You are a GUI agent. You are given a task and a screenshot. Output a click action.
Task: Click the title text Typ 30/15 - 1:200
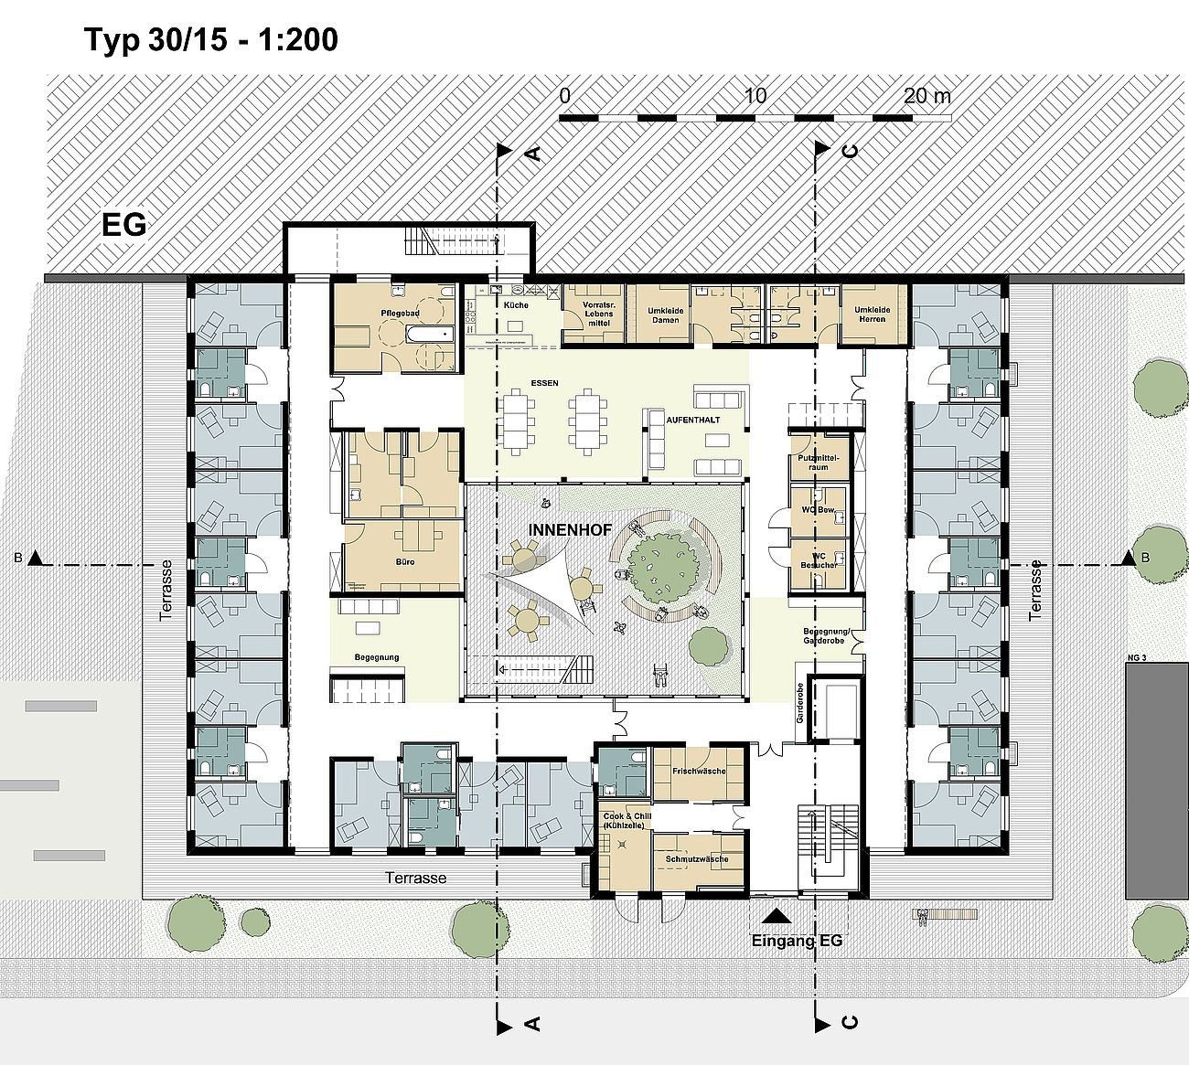[210, 40]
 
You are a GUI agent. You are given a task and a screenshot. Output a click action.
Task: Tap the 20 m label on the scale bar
[927, 96]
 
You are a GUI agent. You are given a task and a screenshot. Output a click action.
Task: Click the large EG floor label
[124, 225]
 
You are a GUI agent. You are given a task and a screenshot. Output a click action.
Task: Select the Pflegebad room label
[400, 314]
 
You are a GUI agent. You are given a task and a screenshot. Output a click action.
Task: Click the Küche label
[516, 304]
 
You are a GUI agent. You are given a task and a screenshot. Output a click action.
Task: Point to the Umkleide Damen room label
[664, 315]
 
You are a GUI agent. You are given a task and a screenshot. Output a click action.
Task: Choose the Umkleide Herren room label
[872, 315]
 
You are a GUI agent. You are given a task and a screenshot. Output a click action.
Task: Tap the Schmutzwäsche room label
[697, 859]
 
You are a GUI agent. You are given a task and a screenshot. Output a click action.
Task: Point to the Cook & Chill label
[621, 819]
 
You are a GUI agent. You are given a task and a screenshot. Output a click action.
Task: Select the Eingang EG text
[796, 941]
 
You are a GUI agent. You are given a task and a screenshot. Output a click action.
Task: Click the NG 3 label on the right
[1135, 657]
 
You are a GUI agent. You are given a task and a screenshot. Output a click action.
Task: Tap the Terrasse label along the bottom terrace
[416, 878]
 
